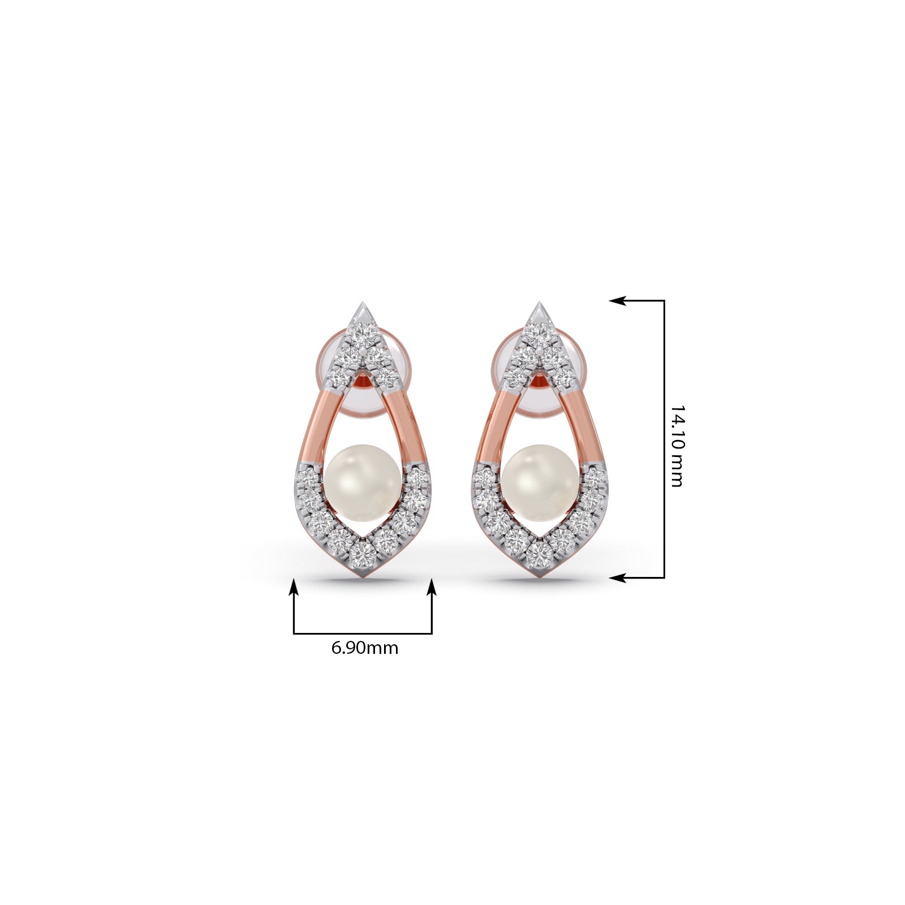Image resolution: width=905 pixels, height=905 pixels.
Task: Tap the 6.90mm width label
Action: [364, 647]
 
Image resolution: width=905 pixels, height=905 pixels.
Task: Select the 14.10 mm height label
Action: [676, 445]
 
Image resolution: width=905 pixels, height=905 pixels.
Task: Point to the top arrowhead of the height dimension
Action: [618, 301]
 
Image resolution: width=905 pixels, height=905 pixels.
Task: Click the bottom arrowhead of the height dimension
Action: [618, 578]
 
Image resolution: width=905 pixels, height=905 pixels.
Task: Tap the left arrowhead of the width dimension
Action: [294, 587]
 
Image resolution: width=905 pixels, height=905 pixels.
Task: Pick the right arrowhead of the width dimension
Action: [432, 587]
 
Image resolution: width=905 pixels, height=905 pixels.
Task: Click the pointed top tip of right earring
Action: [539, 303]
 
